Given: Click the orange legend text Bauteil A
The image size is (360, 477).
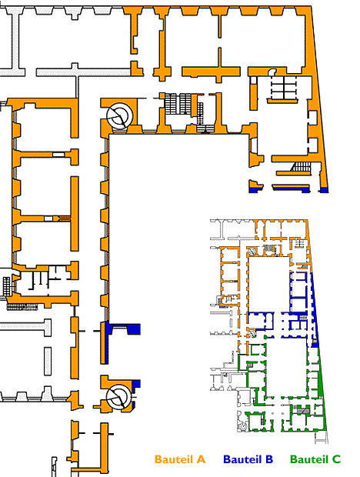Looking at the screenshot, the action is tap(180, 459).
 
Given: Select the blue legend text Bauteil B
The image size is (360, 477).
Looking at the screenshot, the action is tap(248, 459).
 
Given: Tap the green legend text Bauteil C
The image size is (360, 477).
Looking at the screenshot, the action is tap(315, 459).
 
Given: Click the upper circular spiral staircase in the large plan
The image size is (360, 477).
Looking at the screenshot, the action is tap(119, 116).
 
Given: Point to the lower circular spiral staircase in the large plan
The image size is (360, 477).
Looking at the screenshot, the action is tap(119, 397).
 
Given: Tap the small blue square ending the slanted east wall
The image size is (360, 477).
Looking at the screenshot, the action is tap(325, 190).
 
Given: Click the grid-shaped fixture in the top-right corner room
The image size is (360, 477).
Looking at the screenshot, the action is tap(284, 87).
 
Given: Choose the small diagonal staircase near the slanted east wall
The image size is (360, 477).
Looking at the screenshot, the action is tap(301, 167).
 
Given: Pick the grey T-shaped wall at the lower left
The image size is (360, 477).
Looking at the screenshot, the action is tap(25, 327).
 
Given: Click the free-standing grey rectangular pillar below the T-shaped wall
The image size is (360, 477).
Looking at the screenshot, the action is tap(48, 362).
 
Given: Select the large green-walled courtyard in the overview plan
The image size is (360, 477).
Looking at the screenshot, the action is tap(287, 367).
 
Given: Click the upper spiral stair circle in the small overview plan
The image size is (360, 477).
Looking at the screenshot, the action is tap(252, 252).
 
